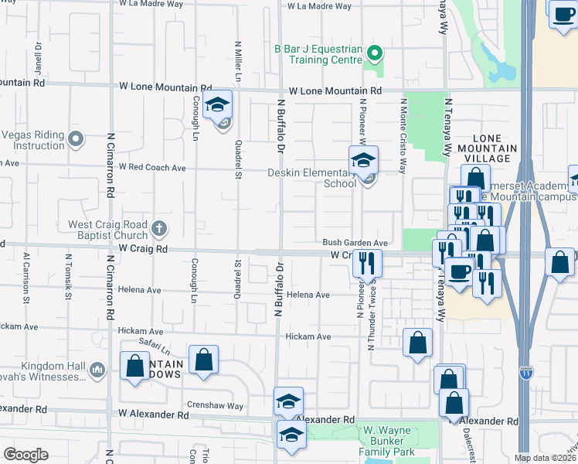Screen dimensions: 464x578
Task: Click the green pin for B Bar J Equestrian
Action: coord(375,53)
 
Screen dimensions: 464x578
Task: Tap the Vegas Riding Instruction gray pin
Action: coord(75,140)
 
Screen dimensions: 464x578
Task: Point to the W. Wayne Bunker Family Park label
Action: coord(386,441)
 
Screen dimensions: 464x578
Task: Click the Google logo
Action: coord(25,455)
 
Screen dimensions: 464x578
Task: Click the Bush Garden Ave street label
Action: coord(355,242)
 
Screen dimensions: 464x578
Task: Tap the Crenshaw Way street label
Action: coord(214,405)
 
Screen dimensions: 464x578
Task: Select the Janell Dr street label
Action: coord(36,55)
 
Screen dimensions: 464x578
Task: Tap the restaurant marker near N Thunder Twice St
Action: coord(368,261)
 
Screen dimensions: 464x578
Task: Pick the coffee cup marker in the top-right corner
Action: coord(562,12)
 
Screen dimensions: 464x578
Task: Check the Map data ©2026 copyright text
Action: coord(545,458)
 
